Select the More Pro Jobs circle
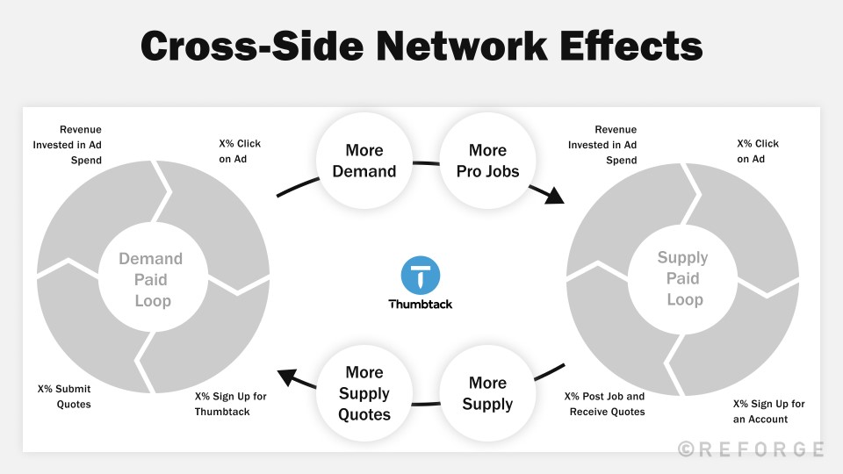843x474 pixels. (487, 161)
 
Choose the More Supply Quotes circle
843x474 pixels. (364, 394)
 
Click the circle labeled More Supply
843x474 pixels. (487, 393)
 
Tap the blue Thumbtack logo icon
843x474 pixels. (421, 276)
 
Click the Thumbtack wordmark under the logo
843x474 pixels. (421, 305)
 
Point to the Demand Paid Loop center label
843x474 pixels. (151, 280)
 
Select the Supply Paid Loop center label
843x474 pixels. (683, 278)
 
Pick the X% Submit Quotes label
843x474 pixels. (64, 396)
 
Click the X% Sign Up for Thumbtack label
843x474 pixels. (230, 404)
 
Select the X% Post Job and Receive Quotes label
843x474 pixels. (604, 404)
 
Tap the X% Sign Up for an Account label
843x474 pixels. (768, 411)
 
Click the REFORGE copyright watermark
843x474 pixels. (751, 449)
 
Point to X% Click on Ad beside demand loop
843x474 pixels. (240, 151)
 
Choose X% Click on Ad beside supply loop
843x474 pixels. (758, 151)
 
